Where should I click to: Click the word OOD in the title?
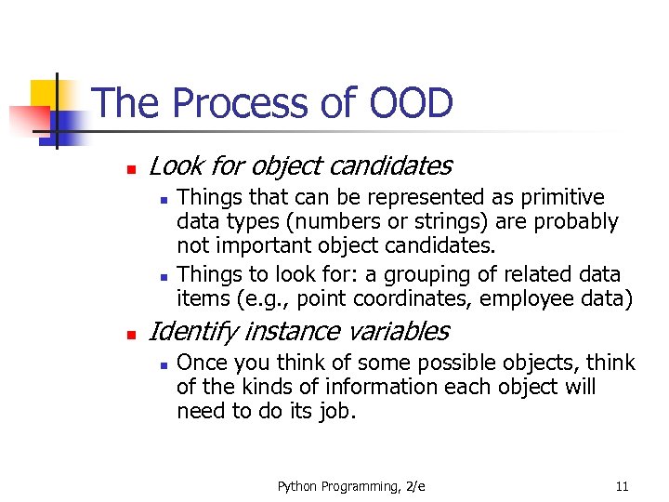tap(411, 102)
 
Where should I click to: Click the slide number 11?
tap(622, 486)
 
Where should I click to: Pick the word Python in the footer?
tap(297, 486)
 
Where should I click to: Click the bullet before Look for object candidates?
tap(131, 170)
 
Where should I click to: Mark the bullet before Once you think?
tap(162, 364)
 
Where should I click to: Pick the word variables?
tap(400, 331)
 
